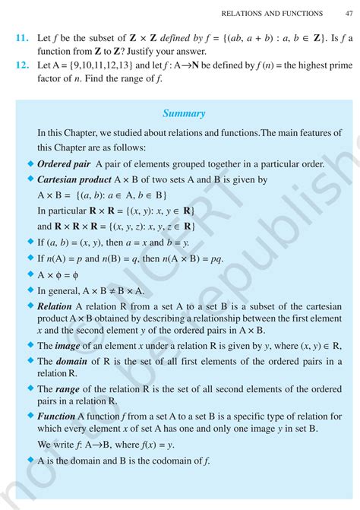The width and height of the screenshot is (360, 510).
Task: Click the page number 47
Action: coord(347,13)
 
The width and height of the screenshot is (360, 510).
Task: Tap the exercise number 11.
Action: coord(22,37)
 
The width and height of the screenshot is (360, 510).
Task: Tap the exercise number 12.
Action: coord(22,66)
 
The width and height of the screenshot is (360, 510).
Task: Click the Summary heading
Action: coord(184,113)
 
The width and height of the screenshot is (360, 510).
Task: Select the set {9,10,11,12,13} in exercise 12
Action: coord(93,66)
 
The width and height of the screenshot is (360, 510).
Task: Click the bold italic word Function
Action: coord(59,417)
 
